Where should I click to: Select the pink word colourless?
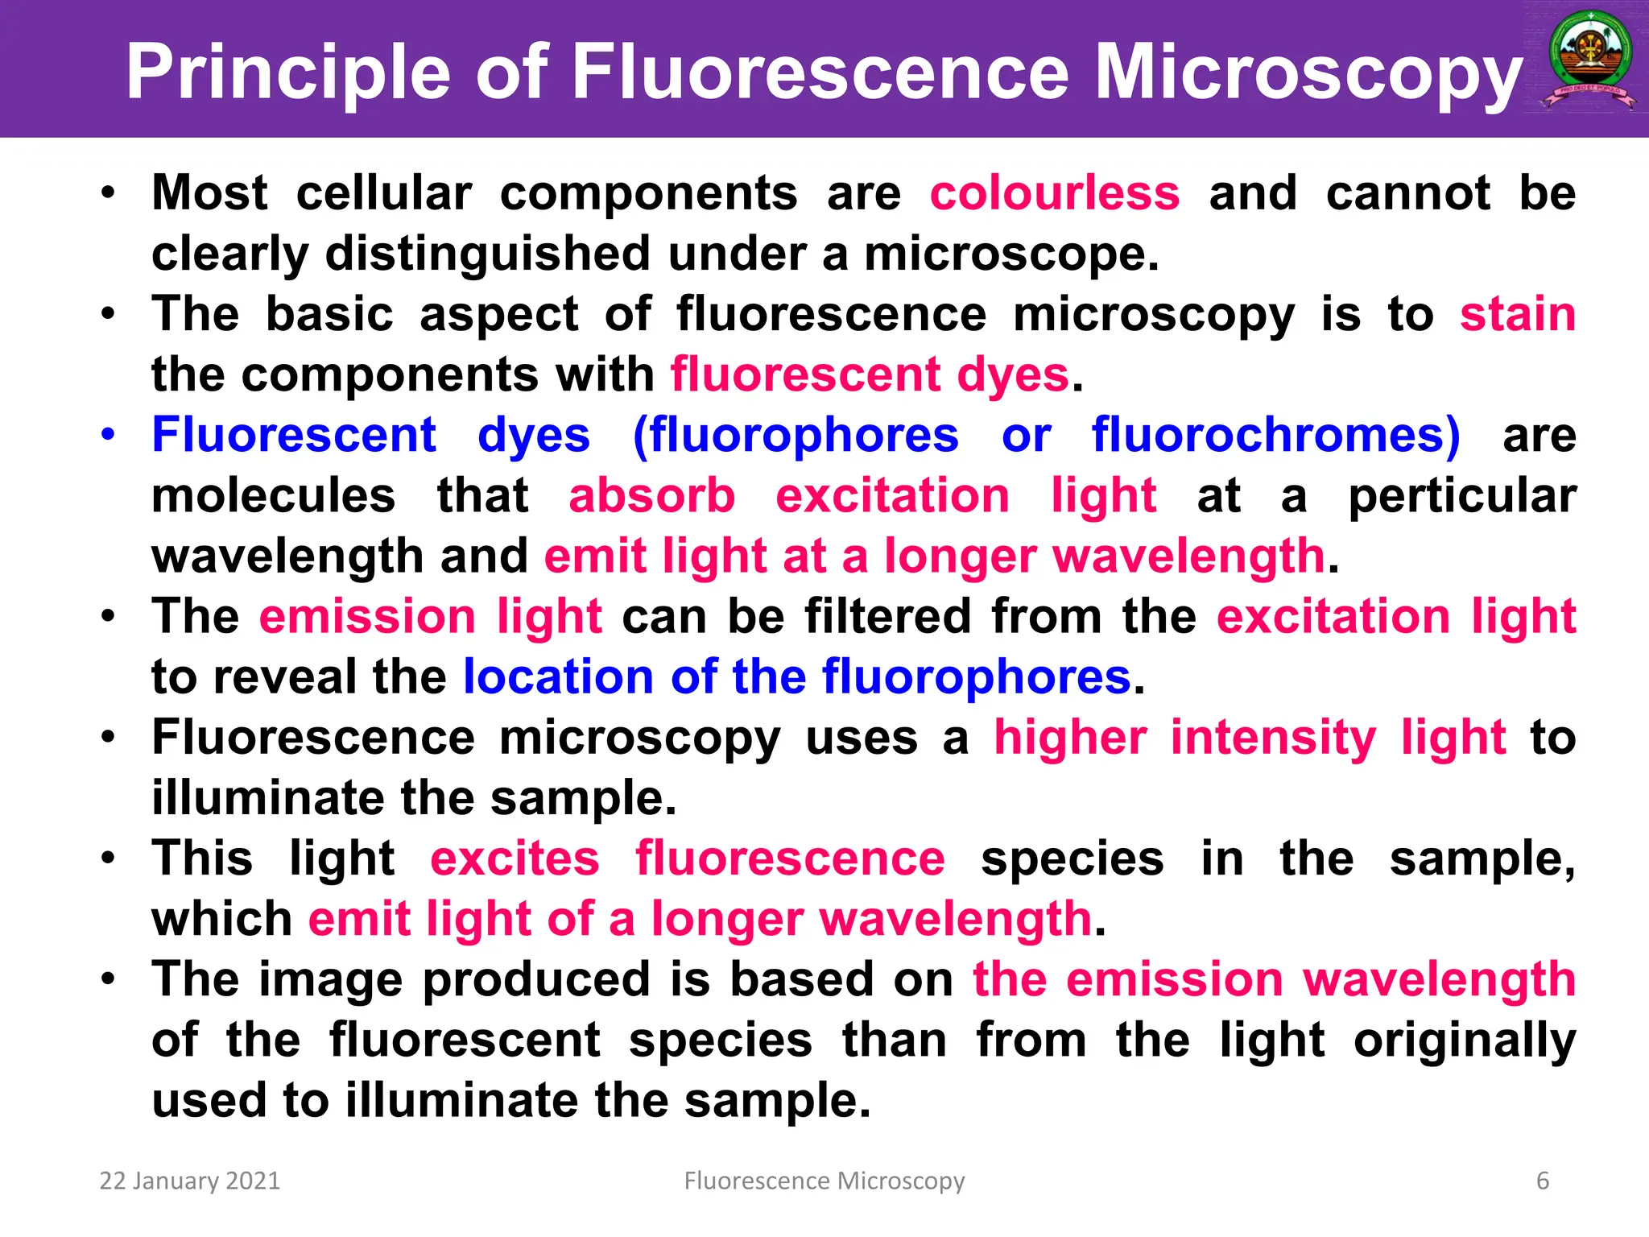pos(1055,193)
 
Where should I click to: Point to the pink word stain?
pos(1518,314)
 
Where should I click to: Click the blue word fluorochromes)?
pos(1275,435)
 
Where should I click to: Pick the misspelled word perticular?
pos(1462,495)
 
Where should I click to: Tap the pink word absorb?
pos(652,495)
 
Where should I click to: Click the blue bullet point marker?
pos(109,435)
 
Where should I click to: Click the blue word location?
pos(558,676)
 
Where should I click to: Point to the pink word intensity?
pos(1273,738)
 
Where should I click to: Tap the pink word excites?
pos(515,858)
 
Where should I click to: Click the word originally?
pos(1464,1040)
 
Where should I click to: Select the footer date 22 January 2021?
pos(189,1181)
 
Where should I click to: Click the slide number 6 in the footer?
pos(1543,1181)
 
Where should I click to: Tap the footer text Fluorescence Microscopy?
pos(824,1181)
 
